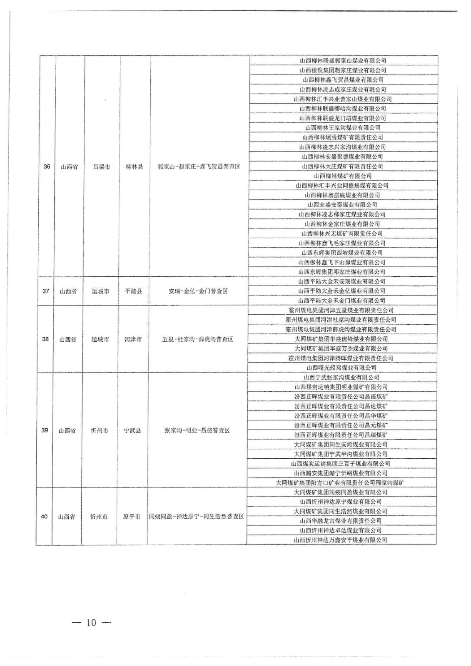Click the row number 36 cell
coord(47,166)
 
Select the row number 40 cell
coord(44,517)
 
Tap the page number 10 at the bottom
coord(92,623)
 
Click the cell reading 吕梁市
coord(102,166)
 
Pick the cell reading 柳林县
coord(134,166)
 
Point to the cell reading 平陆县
coord(133,291)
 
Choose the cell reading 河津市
coord(133,339)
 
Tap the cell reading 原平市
coord(132,517)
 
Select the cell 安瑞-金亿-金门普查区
coord(198,291)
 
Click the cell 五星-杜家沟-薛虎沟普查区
coord(197,339)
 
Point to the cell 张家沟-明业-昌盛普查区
coord(197,430)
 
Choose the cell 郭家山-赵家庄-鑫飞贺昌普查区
coord(199,166)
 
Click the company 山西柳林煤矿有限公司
coord(343,176)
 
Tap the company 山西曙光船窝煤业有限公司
coord(341,368)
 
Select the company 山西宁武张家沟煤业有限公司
coord(341,377)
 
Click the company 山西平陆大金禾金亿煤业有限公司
coord(342,291)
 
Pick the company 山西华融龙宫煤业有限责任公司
coord(341,521)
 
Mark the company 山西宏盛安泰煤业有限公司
coord(342,204)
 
